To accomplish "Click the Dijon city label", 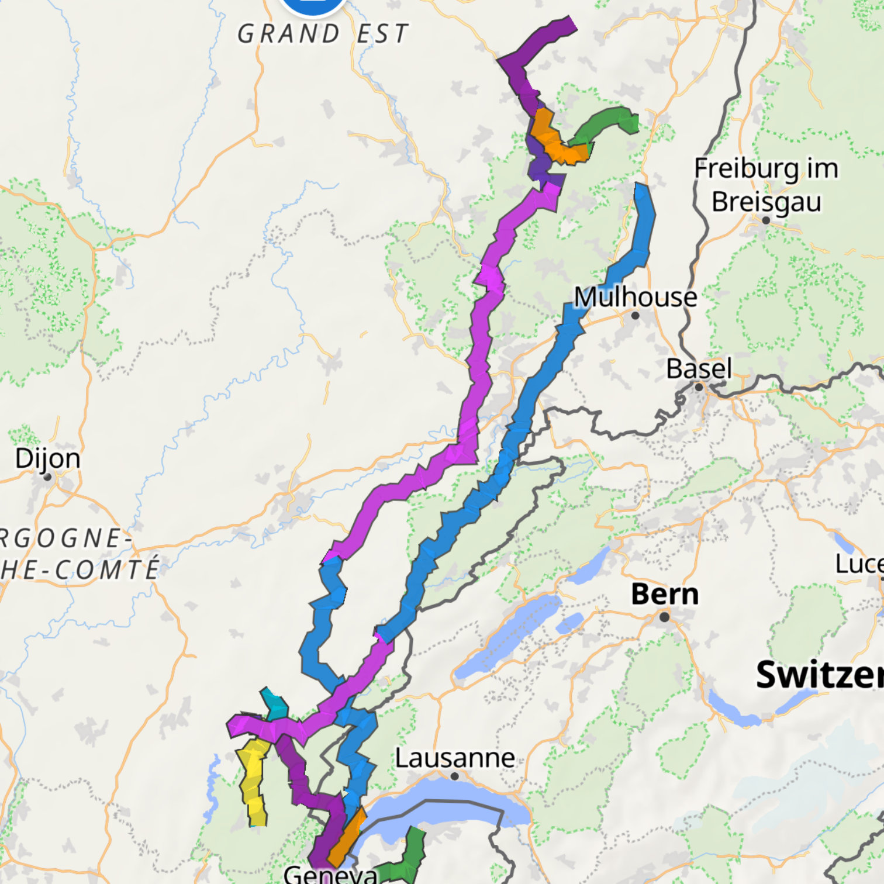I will [x=47, y=458].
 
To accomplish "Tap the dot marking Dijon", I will [x=48, y=477].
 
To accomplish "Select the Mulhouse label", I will [x=636, y=297].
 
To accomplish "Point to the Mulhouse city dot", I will [x=636, y=316].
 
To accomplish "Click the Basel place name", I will [x=699, y=369].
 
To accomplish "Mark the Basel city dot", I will [x=699, y=387].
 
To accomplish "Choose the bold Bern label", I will [x=665, y=595].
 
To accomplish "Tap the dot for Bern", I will [x=664, y=617].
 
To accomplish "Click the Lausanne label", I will [x=455, y=758].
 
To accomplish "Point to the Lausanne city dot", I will [x=455, y=776].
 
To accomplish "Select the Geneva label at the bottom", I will [x=330, y=875].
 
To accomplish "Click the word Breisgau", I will [x=766, y=202].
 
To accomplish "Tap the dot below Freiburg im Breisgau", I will [x=766, y=220].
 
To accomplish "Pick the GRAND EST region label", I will [x=322, y=34].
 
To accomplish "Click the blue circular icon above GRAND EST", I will [x=313, y=5].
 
